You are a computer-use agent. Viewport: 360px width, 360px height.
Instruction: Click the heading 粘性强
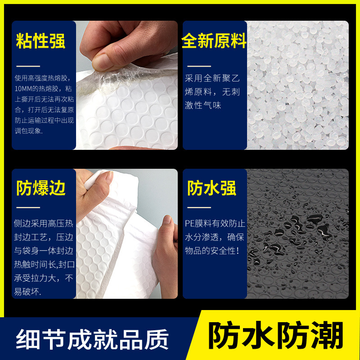pyautogui.click(x=40, y=41)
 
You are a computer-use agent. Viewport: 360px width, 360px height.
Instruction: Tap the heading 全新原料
pyautogui.click(x=214, y=42)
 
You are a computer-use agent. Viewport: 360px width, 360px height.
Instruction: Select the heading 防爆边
pyautogui.click(x=41, y=188)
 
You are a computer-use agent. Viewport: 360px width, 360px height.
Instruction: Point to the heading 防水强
pyautogui.click(x=211, y=188)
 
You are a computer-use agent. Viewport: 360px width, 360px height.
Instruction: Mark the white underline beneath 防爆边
pyautogui.click(x=28, y=207)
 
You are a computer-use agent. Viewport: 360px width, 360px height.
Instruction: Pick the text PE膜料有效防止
pyautogui.click(x=215, y=223)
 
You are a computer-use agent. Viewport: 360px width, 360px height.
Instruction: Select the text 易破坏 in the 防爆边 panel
pyautogui.click(x=27, y=292)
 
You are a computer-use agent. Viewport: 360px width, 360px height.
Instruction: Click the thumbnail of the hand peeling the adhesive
pyautogui.click(x=126, y=85)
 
